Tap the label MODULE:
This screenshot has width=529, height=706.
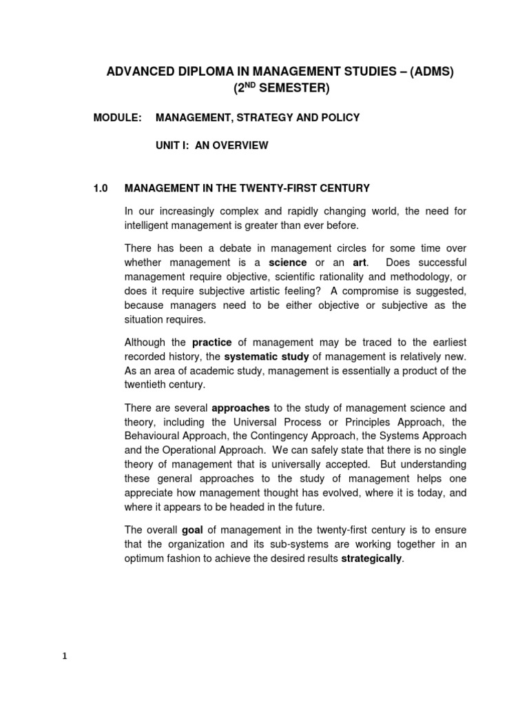117,118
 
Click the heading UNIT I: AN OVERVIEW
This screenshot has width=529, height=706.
211,145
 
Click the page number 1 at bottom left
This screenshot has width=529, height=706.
65,656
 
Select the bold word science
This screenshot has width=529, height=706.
288,263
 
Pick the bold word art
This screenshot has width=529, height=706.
360,263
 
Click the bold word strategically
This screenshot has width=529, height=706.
371,558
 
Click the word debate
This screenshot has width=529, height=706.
222,248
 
